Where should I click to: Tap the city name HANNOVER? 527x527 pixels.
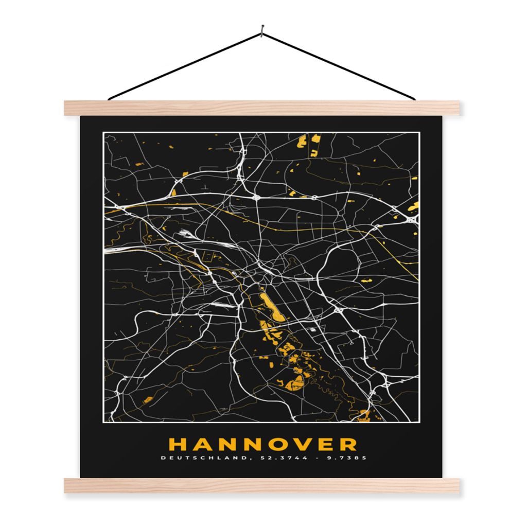tap(263, 444)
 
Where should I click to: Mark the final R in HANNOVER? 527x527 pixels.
tap(348, 444)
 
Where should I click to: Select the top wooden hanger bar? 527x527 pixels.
tap(263, 108)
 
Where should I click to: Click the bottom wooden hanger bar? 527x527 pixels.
tap(263, 485)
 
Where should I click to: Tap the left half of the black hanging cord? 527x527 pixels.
tap(185, 65)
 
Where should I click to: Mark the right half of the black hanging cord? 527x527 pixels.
tap(340, 66)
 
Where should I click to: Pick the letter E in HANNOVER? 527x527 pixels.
tap(325, 444)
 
